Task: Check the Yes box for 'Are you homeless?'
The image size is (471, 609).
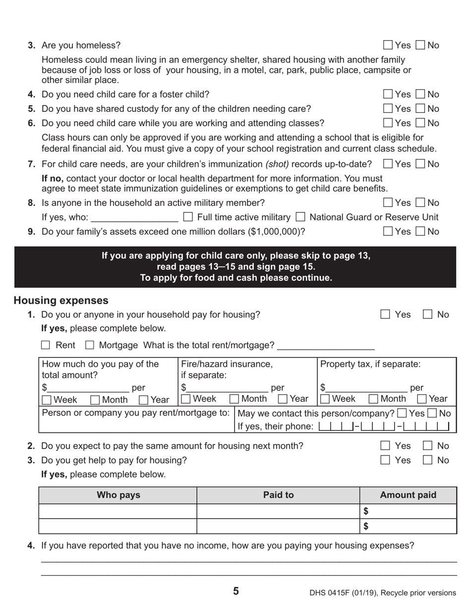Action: [389, 46]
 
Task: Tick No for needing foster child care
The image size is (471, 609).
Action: [420, 94]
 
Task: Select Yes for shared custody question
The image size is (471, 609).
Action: [389, 108]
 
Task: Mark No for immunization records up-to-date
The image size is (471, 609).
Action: [420, 164]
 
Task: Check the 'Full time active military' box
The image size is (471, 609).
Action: [188, 217]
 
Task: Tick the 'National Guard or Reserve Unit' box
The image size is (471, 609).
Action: [300, 217]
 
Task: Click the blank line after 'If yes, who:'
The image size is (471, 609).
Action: [135, 218]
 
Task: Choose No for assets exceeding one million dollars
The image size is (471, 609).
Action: [420, 231]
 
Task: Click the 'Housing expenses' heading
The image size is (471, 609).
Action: [61, 301]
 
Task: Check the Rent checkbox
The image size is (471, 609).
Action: [46, 345]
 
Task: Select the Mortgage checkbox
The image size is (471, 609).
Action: [90, 345]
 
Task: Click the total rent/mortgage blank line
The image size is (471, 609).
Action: [326, 346]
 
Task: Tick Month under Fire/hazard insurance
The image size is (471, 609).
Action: [235, 399]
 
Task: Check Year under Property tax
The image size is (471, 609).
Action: [422, 399]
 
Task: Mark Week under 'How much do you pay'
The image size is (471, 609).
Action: [47, 400]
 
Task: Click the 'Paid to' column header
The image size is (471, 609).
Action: [278, 495]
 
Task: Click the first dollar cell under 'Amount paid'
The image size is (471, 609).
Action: [408, 511]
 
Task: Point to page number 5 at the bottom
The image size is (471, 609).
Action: [235, 591]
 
